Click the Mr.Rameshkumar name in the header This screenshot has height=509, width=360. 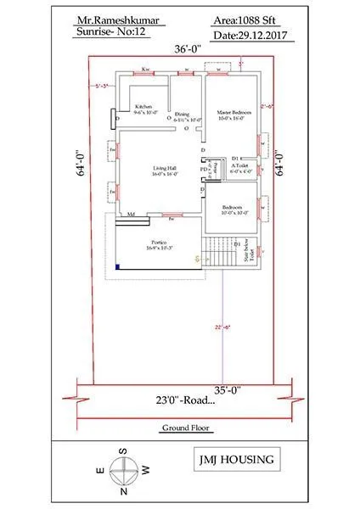pos(103,16)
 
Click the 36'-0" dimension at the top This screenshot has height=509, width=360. pos(187,49)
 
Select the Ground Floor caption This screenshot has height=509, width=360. pos(184,429)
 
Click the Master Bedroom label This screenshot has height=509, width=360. pos(230,112)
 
